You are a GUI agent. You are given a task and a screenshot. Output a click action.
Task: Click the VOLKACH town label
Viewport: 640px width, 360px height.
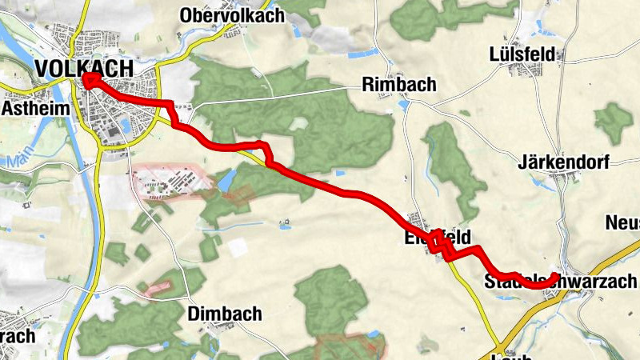tap(83, 70)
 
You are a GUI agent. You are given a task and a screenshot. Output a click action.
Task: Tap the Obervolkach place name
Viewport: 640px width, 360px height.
tap(232, 15)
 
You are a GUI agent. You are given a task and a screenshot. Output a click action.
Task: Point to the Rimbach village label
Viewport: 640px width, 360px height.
tap(398, 84)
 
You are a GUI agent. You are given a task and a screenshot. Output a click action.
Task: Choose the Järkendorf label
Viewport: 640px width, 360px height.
tap(563, 162)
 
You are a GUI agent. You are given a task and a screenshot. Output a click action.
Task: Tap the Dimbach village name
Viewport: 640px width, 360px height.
tap(225, 314)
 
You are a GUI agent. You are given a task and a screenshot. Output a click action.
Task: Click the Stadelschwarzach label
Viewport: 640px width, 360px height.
tap(560, 281)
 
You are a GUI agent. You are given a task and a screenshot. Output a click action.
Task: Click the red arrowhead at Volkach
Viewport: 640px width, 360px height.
tap(87, 78)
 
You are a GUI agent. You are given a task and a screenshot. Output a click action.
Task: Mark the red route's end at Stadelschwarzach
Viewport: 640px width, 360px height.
tap(554, 278)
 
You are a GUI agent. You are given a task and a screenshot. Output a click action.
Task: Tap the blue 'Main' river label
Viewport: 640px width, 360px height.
tap(22, 161)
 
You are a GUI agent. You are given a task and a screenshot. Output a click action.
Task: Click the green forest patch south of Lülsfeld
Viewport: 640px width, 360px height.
tap(613, 122)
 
